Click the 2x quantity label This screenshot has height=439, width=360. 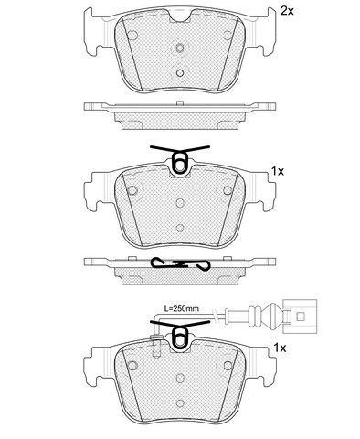pos(287,12)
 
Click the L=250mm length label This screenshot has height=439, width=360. pos(182,308)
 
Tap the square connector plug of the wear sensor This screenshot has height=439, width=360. pos(300,316)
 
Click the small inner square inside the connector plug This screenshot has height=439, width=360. pos(301,316)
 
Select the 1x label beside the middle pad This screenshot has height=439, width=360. pos(278,172)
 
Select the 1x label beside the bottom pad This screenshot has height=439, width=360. pos(280,348)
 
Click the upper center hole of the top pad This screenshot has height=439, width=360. pos(180,48)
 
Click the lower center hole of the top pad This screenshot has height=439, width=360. pos(180,73)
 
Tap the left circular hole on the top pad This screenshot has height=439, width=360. pos(132,36)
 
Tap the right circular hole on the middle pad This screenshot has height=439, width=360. pos(228,191)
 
